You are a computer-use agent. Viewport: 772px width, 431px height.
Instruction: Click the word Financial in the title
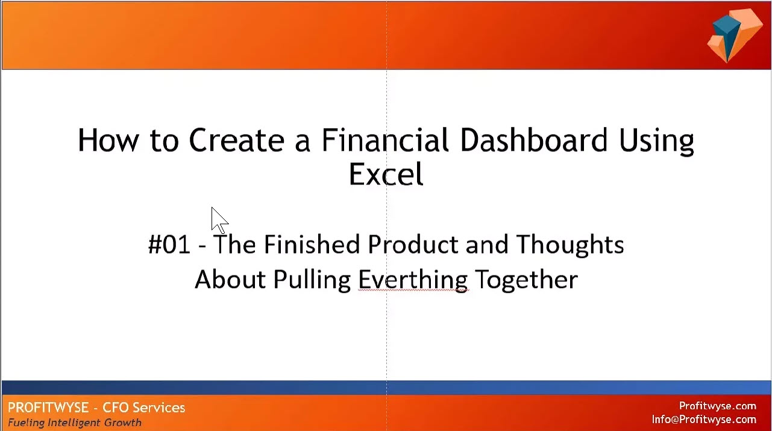click(x=385, y=140)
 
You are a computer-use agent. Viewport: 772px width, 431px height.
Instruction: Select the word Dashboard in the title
click(x=534, y=140)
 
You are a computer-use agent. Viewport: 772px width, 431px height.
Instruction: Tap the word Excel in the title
click(x=386, y=174)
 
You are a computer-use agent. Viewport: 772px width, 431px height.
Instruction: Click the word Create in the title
click(x=237, y=140)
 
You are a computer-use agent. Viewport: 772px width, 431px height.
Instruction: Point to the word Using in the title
click(x=656, y=142)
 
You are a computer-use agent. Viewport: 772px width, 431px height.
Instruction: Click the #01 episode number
click(x=169, y=244)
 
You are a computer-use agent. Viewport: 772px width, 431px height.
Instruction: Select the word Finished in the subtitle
click(x=312, y=244)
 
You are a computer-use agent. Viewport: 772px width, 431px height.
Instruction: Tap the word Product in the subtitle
click(x=413, y=244)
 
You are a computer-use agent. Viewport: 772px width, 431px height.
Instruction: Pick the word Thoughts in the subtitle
click(x=570, y=245)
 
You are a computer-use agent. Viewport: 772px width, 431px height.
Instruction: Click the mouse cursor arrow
click(x=219, y=221)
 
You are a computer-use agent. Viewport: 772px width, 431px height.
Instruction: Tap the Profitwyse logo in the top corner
click(x=734, y=36)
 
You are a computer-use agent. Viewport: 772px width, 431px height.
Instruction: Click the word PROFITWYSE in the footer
click(x=49, y=407)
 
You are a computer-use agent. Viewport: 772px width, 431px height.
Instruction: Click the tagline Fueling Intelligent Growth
click(x=75, y=423)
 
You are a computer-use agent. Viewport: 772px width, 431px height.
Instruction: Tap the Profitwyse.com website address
click(x=718, y=406)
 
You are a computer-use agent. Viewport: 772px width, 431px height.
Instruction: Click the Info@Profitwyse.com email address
click(x=704, y=420)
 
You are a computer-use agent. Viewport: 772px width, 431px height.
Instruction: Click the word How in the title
click(x=108, y=140)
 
